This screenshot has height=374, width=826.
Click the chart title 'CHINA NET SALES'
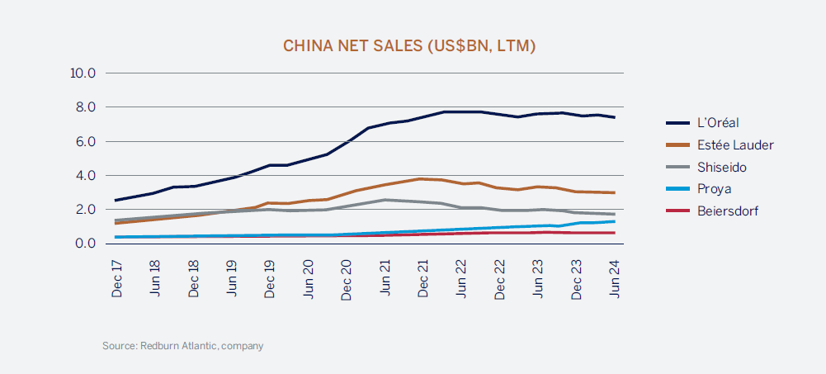[x=409, y=45]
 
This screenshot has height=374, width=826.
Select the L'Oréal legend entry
[x=720, y=123]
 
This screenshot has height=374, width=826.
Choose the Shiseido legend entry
[x=724, y=167]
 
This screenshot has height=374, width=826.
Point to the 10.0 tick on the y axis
[x=84, y=73]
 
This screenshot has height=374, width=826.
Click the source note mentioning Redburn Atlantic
[x=182, y=346]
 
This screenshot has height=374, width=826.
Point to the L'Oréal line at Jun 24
[x=615, y=117]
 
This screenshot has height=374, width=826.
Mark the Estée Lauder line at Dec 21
[x=423, y=178]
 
